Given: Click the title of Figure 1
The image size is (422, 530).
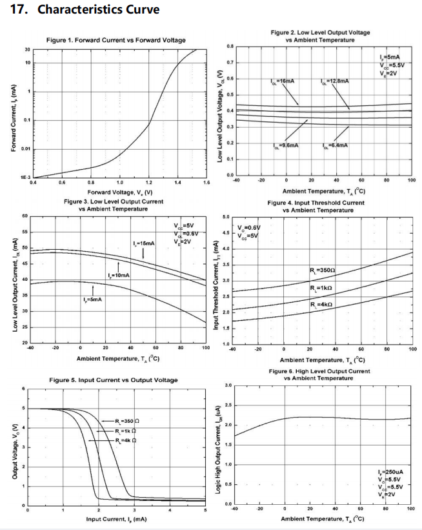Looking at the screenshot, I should click(x=116, y=41).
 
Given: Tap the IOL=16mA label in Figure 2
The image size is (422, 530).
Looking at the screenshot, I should click(x=282, y=81).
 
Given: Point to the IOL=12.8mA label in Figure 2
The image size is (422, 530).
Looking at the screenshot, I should click(x=334, y=81).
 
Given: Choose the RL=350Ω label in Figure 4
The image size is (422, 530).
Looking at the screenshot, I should click(x=323, y=270).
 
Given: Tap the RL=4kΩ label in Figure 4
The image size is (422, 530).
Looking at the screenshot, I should click(x=321, y=304).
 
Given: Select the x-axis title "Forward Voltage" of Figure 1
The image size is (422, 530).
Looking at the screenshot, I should click(x=119, y=192).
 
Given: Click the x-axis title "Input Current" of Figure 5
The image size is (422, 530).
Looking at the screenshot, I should click(x=116, y=519).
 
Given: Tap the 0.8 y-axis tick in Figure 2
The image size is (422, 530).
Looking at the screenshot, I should click(x=230, y=46).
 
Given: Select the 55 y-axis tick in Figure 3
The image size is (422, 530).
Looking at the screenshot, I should click(x=25, y=231).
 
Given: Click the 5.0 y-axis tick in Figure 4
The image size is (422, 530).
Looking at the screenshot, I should click(x=226, y=217).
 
